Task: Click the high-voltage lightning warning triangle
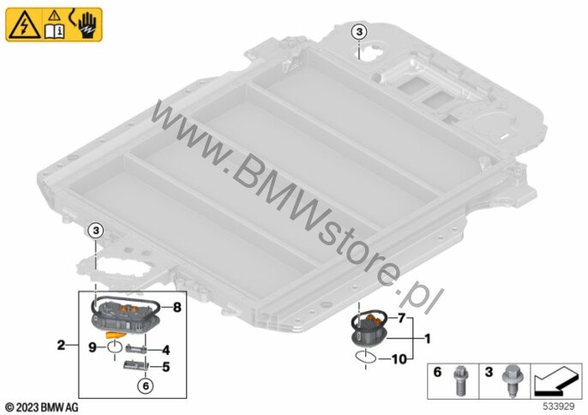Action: tap(25, 26)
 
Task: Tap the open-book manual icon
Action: tap(54, 32)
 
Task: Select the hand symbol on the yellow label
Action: tap(87, 25)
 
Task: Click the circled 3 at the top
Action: tap(359, 33)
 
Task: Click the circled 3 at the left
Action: tap(96, 231)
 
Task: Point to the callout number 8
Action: tap(177, 308)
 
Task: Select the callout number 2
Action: tap(61, 345)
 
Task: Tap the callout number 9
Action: tap(93, 348)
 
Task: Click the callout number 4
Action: tap(165, 350)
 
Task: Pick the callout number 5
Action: tap(165, 367)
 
